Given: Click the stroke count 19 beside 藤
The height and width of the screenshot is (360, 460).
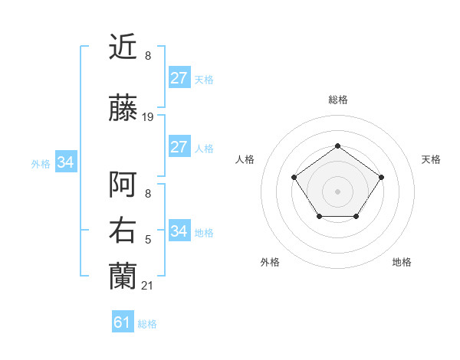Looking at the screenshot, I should (x=148, y=117).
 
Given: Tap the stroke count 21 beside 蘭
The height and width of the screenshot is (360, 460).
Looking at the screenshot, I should (x=148, y=286).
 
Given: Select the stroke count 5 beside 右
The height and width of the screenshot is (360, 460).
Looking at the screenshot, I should (x=148, y=240).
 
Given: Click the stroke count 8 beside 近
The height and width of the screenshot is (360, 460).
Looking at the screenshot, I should (x=148, y=56).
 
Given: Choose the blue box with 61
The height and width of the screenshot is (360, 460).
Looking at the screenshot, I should (x=123, y=322).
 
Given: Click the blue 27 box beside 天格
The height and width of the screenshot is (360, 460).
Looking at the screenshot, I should (x=179, y=78).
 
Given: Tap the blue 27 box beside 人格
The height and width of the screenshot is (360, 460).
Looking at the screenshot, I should (x=179, y=147).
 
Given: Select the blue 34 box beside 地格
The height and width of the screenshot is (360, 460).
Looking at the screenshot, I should (x=179, y=231).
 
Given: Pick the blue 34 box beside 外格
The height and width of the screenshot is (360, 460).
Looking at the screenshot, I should (x=66, y=162).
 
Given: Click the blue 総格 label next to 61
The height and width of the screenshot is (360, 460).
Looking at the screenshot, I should (x=147, y=324).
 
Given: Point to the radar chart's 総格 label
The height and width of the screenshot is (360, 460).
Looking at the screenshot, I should (x=338, y=100).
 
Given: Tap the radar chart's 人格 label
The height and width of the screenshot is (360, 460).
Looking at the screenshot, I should (x=245, y=159).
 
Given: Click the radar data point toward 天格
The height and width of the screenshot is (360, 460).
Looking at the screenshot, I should (x=381, y=178).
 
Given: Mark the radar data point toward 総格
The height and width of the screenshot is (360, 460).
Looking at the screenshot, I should (x=338, y=146).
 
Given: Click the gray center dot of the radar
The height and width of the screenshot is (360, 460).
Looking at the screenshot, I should (x=338, y=191).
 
